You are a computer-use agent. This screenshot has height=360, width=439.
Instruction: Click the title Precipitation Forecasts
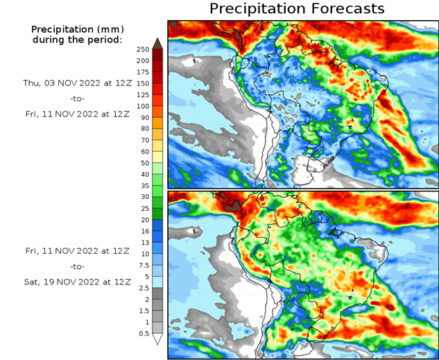point(297,9)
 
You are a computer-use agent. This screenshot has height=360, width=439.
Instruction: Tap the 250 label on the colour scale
point(143,49)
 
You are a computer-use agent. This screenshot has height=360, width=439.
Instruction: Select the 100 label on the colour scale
point(143,106)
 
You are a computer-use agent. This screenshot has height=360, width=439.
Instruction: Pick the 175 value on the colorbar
point(143,72)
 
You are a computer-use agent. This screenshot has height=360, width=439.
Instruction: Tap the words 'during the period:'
point(77,40)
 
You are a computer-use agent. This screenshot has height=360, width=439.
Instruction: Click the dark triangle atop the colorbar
point(157,43)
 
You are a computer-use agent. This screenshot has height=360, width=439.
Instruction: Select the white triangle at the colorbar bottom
point(157,339)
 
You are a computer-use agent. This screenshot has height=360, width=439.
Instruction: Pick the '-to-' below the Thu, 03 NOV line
point(77,98)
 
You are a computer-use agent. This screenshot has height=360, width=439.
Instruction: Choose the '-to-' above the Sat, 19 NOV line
point(77,266)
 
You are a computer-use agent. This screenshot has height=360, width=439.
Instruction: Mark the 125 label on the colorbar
point(143,95)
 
